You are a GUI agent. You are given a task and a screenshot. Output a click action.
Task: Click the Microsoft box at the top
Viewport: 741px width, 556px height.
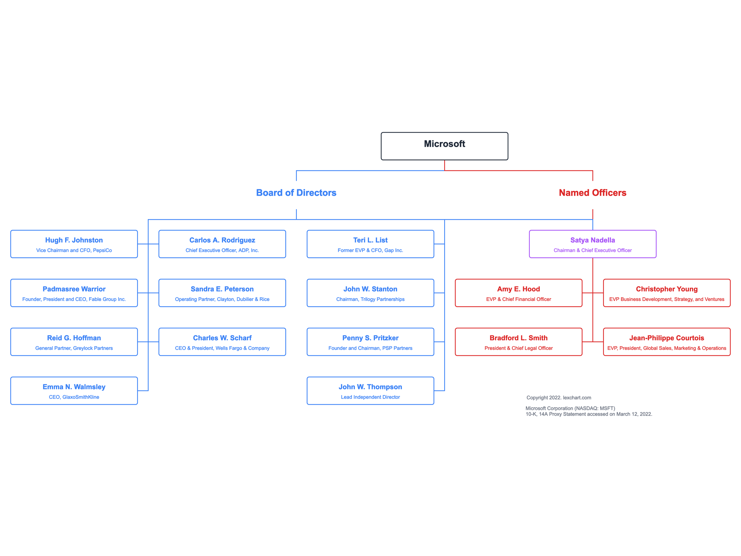click(444, 146)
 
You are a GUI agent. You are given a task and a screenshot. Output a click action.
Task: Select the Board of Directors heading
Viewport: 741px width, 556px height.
click(296, 193)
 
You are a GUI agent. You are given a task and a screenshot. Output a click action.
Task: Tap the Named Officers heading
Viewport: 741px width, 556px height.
click(592, 193)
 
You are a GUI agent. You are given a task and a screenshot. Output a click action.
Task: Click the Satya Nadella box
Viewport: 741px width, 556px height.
click(592, 244)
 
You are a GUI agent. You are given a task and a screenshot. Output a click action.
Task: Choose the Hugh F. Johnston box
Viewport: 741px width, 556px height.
click(74, 244)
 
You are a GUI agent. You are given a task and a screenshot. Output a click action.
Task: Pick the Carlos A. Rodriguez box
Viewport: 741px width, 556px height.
click(222, 244)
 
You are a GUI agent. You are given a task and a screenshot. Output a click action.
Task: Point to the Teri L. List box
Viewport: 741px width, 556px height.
click(370, 244)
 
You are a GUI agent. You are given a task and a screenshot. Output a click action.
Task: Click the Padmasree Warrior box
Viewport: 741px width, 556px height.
click(74, 293)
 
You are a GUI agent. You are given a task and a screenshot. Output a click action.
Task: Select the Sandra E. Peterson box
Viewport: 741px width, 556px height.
click(222, 293)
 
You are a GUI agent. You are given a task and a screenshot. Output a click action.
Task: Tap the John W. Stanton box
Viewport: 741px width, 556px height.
click(370, 293)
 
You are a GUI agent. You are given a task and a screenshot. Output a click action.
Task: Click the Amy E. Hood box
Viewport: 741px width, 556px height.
click(518, 293)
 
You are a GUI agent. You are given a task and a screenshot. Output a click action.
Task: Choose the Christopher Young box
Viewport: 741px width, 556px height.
click(667, 293)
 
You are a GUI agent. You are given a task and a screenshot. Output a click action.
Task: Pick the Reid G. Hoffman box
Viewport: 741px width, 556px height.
click(74, 342)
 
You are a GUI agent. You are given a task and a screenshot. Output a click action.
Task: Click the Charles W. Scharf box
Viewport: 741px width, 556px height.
click(222, 342)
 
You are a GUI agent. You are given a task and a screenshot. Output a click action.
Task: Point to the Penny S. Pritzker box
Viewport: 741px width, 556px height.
click(370, 342)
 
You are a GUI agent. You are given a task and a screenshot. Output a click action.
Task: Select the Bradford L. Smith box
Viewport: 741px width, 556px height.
click(518, 342)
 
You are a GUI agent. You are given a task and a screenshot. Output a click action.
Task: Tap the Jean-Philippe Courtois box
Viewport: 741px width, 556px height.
click(667, 342)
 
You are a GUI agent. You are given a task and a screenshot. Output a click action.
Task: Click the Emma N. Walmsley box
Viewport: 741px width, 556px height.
click(74, 391)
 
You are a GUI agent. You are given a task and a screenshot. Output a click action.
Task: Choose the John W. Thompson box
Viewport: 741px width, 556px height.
click(370, 391)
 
